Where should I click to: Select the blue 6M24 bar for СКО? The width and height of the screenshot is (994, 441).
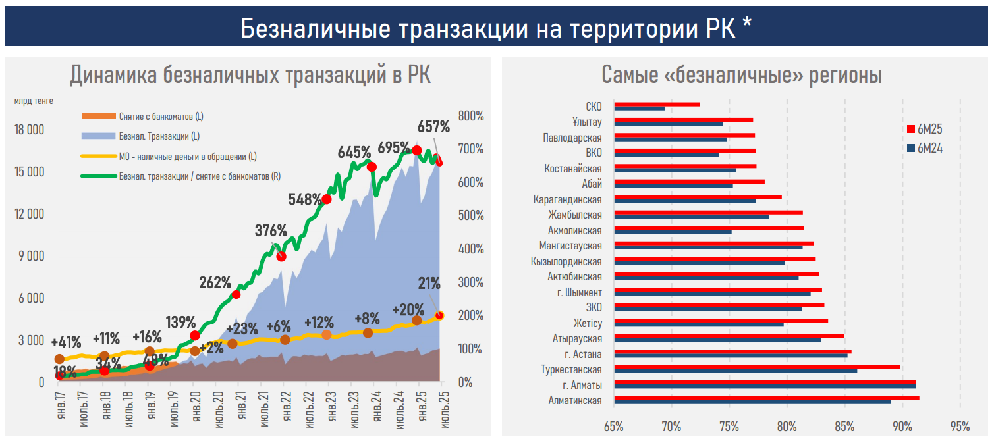pyautogui.click(x=639, y=108)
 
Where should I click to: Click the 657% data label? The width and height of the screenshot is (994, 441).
pyautogui.click(x=433, y=126)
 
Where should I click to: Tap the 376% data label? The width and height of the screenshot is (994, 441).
pyautogui.click(x=271, y=231)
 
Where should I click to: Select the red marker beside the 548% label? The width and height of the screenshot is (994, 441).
pyautogui.click(x=327, y=199)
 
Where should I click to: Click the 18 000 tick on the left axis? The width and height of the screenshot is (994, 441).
pyautogui.click(x=29, y=130)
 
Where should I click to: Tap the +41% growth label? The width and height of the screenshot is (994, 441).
pyautogui.click(x=66, y=342)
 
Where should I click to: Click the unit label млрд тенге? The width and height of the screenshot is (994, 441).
pyautogui.click(x=34, y=101)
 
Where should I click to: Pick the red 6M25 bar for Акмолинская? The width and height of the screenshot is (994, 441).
pyautogui.click(x=709, y=228)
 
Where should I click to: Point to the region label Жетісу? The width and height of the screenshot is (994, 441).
pyautogui.click(x=587, y=323)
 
